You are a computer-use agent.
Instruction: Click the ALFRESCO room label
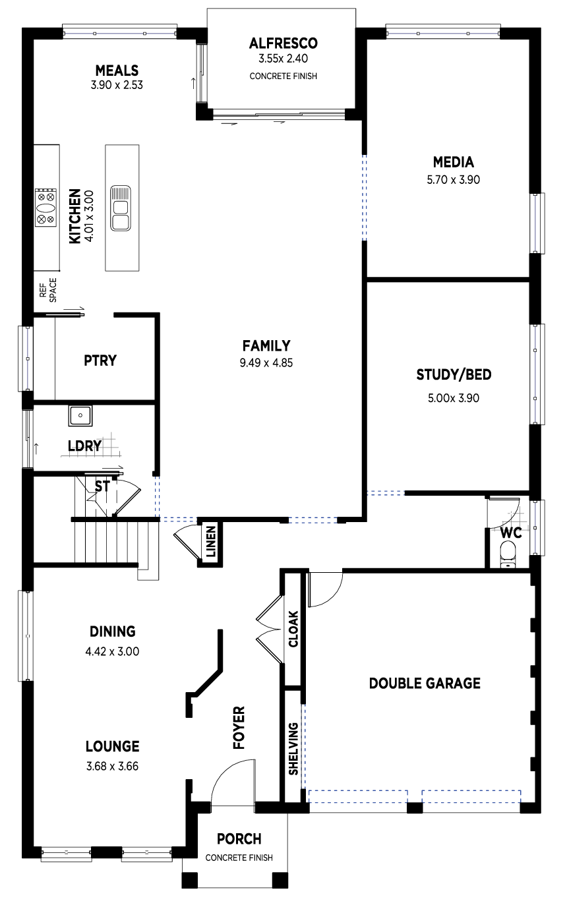283,43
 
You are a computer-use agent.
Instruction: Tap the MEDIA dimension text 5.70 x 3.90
453,179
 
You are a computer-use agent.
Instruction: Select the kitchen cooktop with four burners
45,208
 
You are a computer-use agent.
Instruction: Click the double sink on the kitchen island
121,208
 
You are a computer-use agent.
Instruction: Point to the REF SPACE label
48,291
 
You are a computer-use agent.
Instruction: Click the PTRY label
100,361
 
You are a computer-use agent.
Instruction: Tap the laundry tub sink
80,415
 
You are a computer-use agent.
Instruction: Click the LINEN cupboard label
211,542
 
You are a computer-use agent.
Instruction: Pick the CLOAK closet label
293,629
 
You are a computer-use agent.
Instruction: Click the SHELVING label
293,749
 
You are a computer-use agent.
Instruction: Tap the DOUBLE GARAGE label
425,683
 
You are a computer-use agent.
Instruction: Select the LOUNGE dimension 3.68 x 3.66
112,766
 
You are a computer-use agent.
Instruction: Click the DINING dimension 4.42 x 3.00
112,651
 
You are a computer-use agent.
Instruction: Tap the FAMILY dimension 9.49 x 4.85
266,363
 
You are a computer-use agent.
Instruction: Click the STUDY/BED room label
454,374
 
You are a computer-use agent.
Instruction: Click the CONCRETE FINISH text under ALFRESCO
283,76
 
